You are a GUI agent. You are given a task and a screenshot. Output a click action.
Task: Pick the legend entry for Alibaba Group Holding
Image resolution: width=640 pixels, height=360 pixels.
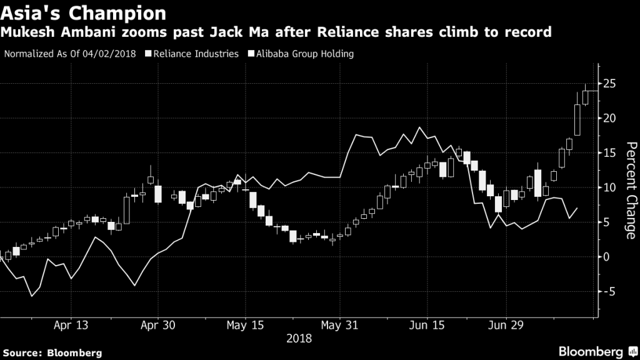coord(303,54)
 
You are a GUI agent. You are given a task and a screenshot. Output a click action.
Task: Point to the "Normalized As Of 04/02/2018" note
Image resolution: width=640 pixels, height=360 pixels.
coord(71,54)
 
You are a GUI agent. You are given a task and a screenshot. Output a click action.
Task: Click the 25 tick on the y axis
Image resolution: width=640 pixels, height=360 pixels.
coord(610,84)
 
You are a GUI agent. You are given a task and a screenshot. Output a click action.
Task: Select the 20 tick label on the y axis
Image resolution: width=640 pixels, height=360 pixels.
coord(610,118)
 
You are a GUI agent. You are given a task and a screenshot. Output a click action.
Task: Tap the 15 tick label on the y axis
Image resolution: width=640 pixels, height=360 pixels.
coord(610,153)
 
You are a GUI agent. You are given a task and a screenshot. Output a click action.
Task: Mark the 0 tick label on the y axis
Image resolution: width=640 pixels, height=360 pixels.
coord(607,257)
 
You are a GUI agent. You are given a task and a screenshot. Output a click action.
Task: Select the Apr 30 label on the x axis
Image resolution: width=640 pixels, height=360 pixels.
coord(157,326)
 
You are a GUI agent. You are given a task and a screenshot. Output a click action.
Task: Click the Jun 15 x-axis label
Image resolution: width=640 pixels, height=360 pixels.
coord(426,326)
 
